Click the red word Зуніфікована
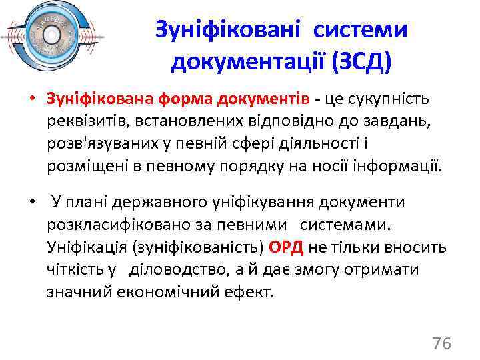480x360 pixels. (100, 99)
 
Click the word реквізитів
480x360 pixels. (84, 120)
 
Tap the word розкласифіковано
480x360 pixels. (113, 224)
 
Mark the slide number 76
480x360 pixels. (441, 344)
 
